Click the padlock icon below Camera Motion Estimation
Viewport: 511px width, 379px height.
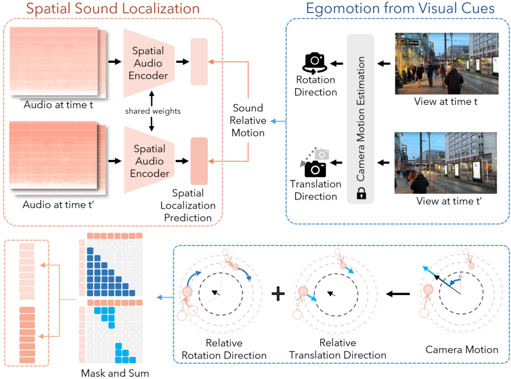361,193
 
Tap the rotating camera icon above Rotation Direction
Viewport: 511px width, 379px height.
315,63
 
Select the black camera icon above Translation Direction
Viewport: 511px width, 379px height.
315,169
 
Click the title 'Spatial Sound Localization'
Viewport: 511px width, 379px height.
113,9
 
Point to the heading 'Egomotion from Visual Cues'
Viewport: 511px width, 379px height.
400,9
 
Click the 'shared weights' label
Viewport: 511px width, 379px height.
152,111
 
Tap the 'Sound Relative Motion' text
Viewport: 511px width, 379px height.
248,120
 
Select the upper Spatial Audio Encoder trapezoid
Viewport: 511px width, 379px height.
149,63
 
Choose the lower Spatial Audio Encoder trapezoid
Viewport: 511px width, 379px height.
149,161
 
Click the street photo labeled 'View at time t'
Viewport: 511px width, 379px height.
447,64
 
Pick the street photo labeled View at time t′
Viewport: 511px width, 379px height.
446,163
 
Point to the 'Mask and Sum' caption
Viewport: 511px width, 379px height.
115,373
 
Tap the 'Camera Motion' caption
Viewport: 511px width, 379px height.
462,350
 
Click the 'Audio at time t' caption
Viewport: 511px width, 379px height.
58,104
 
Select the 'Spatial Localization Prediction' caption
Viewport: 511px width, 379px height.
188,205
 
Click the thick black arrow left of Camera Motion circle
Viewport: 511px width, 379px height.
398,294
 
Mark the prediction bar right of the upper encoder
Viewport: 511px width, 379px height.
199,62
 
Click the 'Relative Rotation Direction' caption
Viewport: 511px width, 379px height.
224,349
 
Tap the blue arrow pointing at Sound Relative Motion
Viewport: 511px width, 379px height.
278,122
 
